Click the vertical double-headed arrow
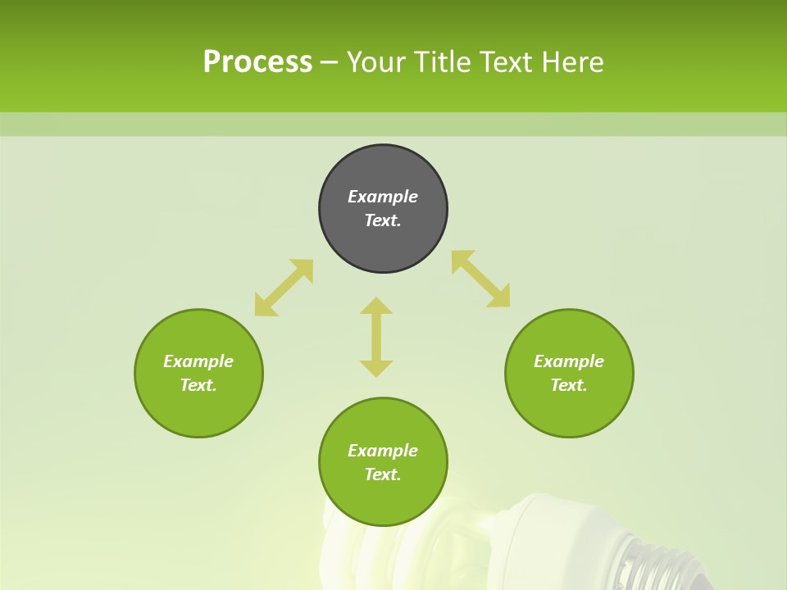click(376, 337)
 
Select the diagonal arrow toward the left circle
click(284, 288)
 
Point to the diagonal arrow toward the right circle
click(481, 279)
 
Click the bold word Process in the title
click(257, 61)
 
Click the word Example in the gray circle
click(383, 197)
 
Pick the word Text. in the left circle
click(198, 385)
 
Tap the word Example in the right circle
click(569, 361)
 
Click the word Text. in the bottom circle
click(383, 474)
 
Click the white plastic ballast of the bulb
click(566, 524)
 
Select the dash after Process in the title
click(330, 62)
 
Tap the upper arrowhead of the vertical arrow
click(376, 306)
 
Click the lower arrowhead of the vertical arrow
click(376, 368)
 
